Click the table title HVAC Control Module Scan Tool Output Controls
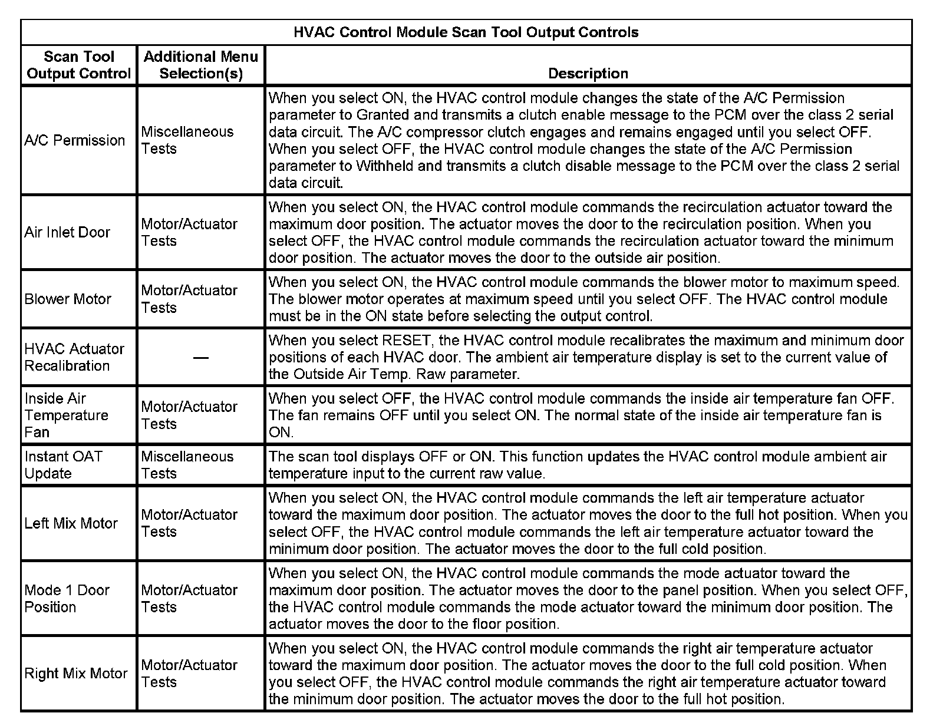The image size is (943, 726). coord(466,32)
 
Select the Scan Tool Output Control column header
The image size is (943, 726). coord(78,65)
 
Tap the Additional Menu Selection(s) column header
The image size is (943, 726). coord(201,65)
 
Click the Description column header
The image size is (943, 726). coord(588,74)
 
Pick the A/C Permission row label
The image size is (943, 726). coord(75,140)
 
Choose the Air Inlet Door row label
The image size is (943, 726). coord(67,232)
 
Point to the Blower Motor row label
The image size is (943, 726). coord(68,299)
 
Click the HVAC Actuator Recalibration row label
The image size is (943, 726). coord(74,357)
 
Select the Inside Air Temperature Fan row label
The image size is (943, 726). coord(66,415)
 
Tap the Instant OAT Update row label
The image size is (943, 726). coord(63,465)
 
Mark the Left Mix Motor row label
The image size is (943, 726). coord(71,523)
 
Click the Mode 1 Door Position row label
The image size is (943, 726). coord(67,598)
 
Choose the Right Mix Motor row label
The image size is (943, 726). coord(76,674)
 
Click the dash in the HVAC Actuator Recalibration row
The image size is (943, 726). coord(201,358)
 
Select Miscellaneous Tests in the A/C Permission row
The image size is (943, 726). coord(187,140)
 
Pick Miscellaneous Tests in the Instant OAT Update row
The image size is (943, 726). coord(187,465)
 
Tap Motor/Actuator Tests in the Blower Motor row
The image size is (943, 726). coord(189,299)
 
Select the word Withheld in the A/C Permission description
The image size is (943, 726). coord(385,166)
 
